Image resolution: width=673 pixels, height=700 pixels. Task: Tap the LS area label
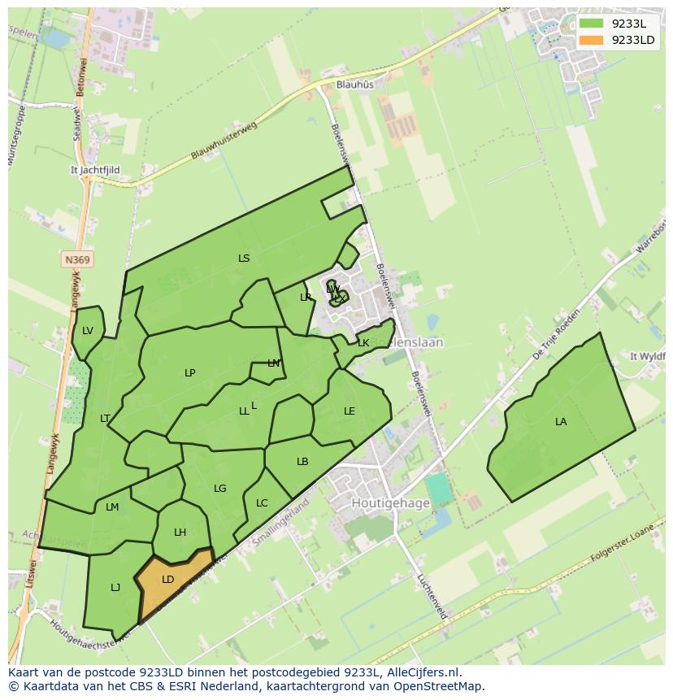[x=244, y=259]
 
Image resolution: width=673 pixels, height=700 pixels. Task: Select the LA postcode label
[x=561, y=422]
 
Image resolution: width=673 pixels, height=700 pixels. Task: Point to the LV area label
[x=88, y=331]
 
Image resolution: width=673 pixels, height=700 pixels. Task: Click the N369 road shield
[x=77, y=260]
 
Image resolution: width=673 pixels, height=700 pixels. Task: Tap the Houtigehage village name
[x=390, y=503]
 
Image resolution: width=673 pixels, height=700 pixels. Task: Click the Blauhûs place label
[x=355, y=85]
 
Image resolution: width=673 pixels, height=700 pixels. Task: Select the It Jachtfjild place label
[x=95, y=171]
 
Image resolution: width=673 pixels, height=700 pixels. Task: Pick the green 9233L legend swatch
[x=592, y=24]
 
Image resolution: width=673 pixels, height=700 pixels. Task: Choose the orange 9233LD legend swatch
[x=592, y=40]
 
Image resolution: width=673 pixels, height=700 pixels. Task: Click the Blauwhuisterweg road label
[x=224, y=140]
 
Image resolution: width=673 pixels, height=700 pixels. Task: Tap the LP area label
[x=190, y=373]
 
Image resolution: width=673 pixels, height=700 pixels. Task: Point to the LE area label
[x=350, y=411]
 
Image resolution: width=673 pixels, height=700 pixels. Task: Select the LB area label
[x=302, y=462]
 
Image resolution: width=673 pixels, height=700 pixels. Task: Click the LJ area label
[x=115, y=588]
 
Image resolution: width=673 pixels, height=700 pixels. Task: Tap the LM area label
[x=112, y=507]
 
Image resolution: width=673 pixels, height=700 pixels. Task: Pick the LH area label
[x=180, y=533]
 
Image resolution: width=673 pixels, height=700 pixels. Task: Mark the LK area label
[x=363, y=343]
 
